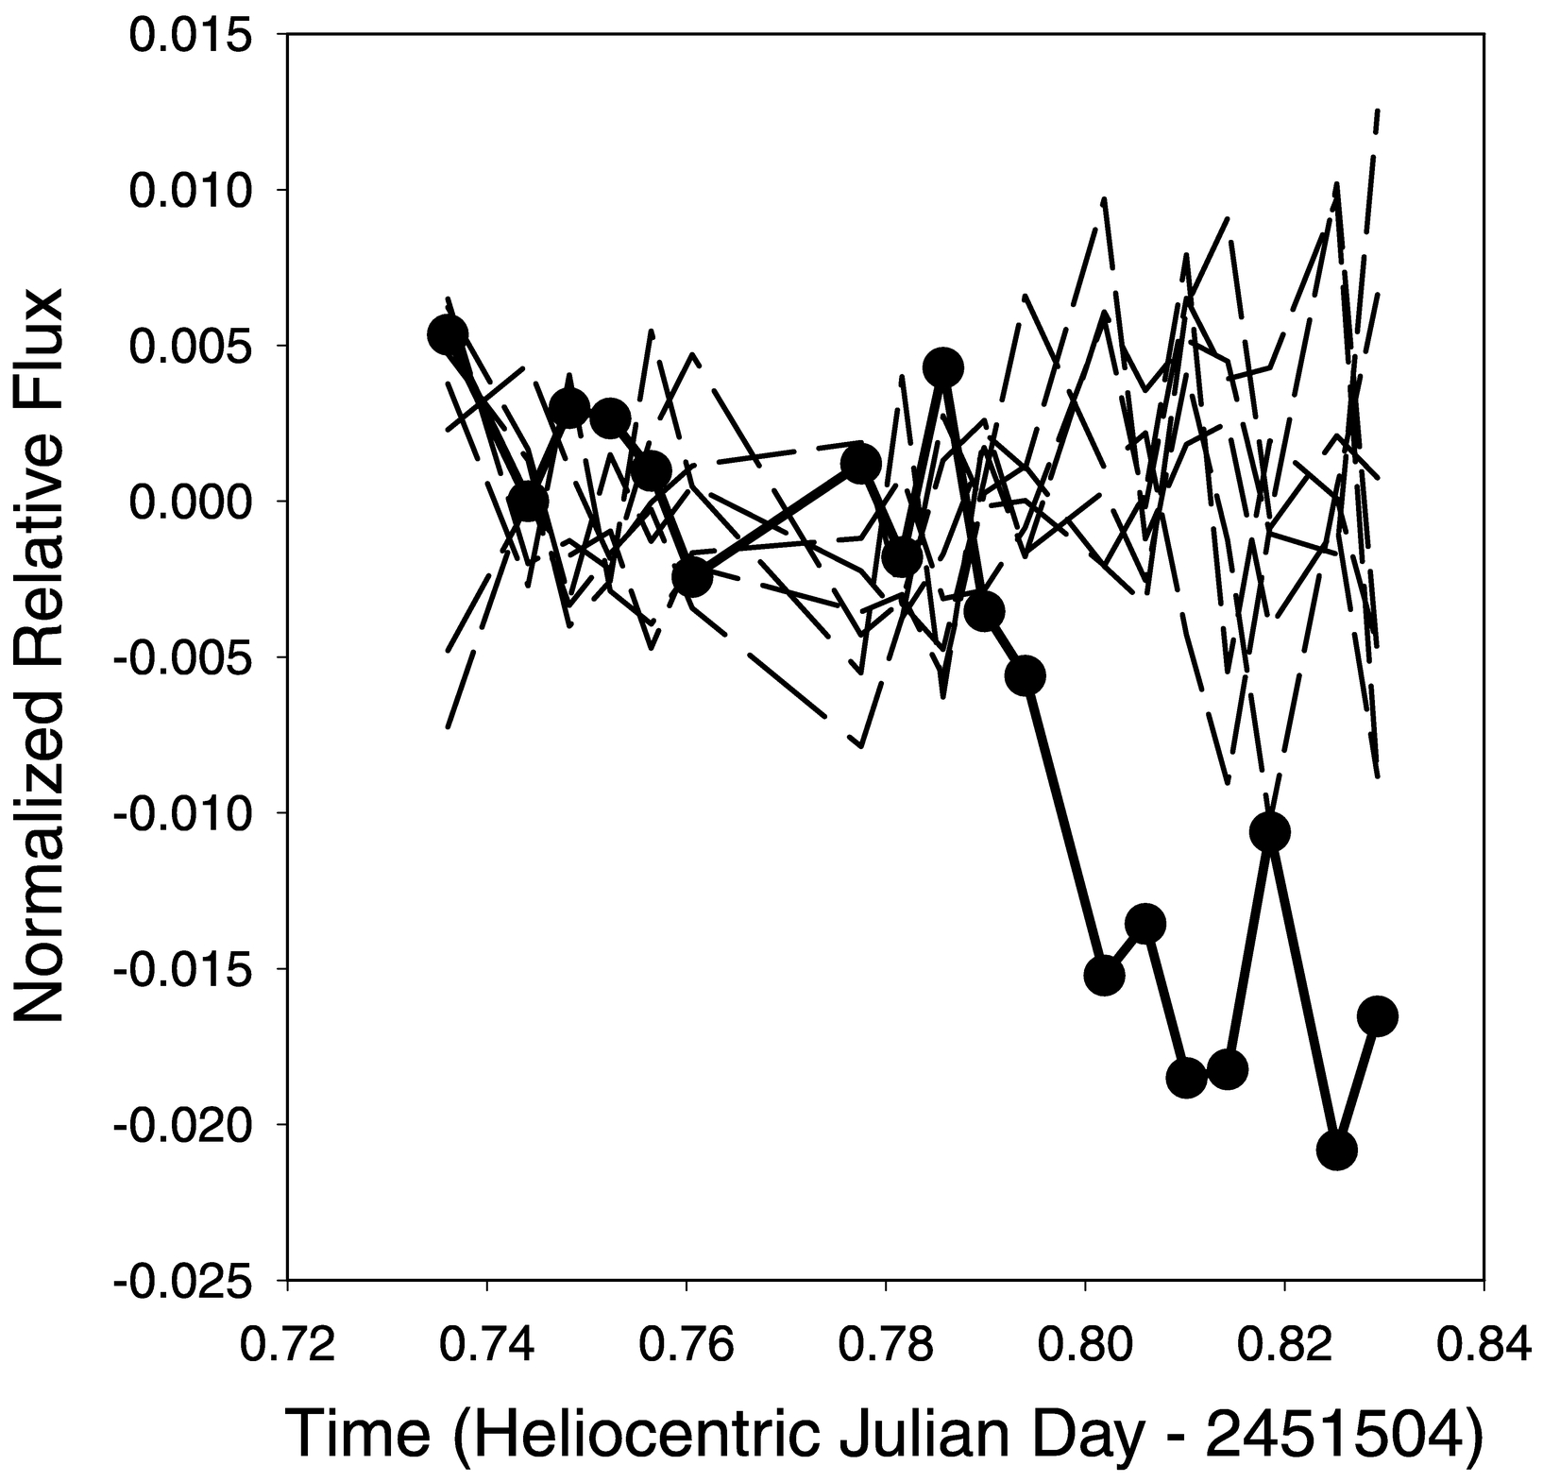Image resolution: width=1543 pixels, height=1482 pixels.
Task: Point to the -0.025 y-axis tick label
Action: (x=186, y=1281)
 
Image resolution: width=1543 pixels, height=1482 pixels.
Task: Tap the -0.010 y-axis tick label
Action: (x=186, y=813)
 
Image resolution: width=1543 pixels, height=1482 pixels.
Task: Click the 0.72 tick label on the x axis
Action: (x=287, y=1344)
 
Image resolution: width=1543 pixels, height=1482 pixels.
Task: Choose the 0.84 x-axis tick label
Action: (x=1484, y=1344)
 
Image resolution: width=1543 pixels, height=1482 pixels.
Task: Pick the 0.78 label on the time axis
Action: (x=886, y=1344)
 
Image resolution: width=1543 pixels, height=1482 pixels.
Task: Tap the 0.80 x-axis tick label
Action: (x=1085, y=1344)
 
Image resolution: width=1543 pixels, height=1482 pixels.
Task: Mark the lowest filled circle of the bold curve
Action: (x=1336, y=1150)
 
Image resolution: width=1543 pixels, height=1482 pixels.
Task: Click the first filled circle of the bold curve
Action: (x=448, y=333)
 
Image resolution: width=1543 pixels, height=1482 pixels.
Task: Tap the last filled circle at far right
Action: (x=1378, y=1016)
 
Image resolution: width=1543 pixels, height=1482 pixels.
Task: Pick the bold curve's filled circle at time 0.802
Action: (x=1104, y=975)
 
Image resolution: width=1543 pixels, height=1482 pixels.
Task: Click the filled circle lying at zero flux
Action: (x=528, y=501)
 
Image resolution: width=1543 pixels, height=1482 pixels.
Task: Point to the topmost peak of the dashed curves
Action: (x=1378, y=111)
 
